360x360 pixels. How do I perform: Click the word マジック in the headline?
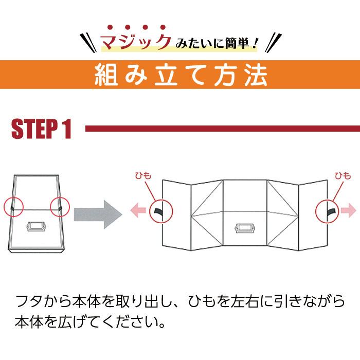click(x=135, y=41)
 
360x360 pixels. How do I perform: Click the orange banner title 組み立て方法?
click(x=181, y=75)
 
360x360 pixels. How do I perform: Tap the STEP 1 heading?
click(x=41, y=129)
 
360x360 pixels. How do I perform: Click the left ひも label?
click(x=143, y=175)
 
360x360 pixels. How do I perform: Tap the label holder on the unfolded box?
click(x=245, y=228)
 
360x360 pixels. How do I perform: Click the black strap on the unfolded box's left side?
click(x=158, y=212)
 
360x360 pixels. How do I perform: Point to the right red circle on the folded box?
click(x=60, y=207)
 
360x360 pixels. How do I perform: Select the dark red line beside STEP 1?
click(x=221, y=129)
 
